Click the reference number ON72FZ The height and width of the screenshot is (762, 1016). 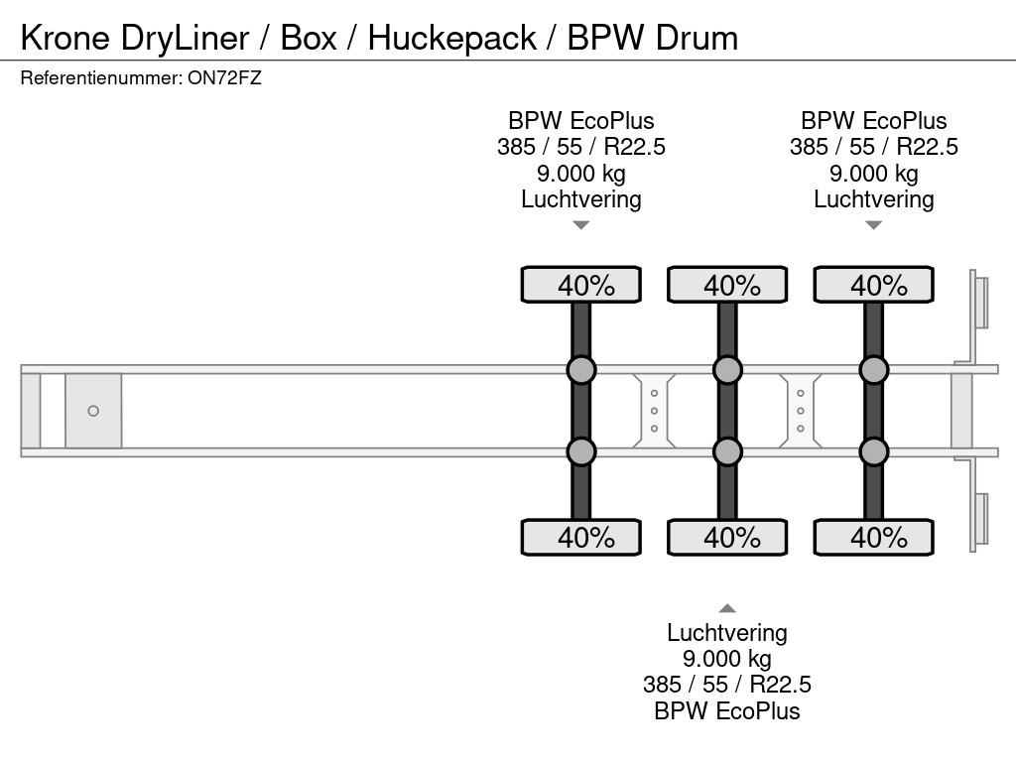click(x=224, y=78)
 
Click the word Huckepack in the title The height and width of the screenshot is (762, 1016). click(x=452, y=39)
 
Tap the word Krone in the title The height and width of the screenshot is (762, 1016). click(x=64, y=39)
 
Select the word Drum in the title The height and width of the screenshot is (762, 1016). click(x=697, y=39)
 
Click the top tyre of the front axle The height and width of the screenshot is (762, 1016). click(x=581, y=285)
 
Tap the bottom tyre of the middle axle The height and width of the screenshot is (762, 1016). click(x=727, y=537)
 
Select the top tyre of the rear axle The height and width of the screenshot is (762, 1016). click(x=873, y=285)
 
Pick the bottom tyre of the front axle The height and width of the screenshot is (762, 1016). click(x=581, y=537)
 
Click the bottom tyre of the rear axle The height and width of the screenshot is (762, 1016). click(x=873, y=537)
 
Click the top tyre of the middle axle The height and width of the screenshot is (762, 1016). click(x=727, y=285)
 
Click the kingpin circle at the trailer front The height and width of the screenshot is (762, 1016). click(x=93, y=411)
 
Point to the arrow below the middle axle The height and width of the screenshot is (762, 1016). click(x=727, y=608)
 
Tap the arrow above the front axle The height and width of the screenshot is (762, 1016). click(x=581, y=225)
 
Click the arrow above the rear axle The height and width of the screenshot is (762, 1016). click(x=873, y=225)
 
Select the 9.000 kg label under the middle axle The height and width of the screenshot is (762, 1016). click(x=727, y=659)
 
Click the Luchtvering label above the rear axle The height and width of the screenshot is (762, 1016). click(x=873, y=198)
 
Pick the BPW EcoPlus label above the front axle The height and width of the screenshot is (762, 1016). click(x=581, y=120)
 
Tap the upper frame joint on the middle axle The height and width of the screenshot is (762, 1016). click(x=727, y=370)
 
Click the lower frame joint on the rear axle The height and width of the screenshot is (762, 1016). click(x=873, y=451)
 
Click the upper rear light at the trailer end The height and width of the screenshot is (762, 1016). click(x=978, y=303)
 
